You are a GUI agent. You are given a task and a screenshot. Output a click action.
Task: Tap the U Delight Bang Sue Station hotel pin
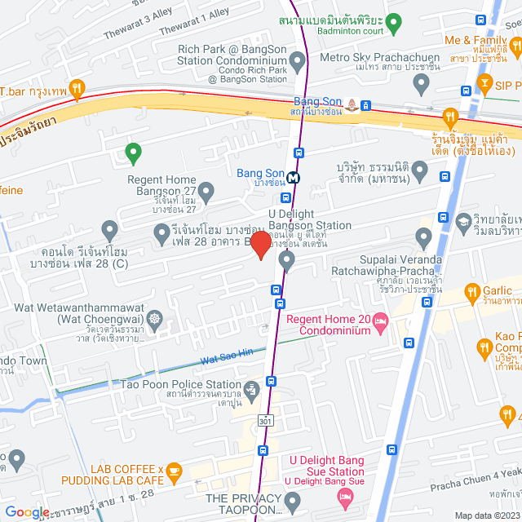click(346, 496)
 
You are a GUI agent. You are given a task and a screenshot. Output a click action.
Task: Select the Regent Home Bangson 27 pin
click(207, 193)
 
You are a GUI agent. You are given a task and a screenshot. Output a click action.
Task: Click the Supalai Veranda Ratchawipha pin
click(422, 238)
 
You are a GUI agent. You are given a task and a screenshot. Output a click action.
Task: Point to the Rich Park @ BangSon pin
click(297, 60)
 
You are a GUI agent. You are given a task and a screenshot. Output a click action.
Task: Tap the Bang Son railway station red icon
click(351, 104)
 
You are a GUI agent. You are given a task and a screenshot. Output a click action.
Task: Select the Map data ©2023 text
click(485, 515)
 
